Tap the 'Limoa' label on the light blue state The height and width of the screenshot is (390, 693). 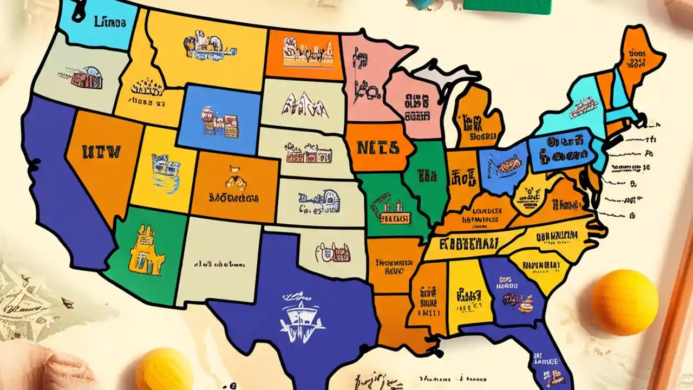[110, 23]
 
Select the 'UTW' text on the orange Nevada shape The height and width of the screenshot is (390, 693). [101, 151]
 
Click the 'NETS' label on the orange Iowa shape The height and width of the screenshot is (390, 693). [378, 147]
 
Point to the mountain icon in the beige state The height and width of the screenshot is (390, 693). [306, 105]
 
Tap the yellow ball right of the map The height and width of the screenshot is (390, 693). [624, 302]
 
